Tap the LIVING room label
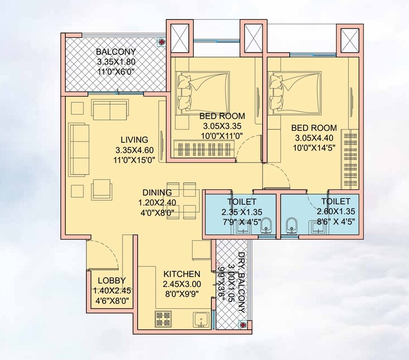pyautogui.click(x=135, y=139)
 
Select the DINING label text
pyautogui.click(x=158, y=192)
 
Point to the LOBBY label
pyautogui.click(x=111, y=280)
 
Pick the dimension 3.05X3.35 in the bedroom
pyautogui.click(x=222, y=126)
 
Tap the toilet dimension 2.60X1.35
pyautogui.click(x=337, y=212)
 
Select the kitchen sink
pyautogui.click(x=201, y=319)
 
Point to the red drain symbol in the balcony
pyautogui.click(x=162, y=41)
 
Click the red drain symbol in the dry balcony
pyautogui.click(x=243, y=324)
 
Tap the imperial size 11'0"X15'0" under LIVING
pyautogui.click(x=135, y=159)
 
